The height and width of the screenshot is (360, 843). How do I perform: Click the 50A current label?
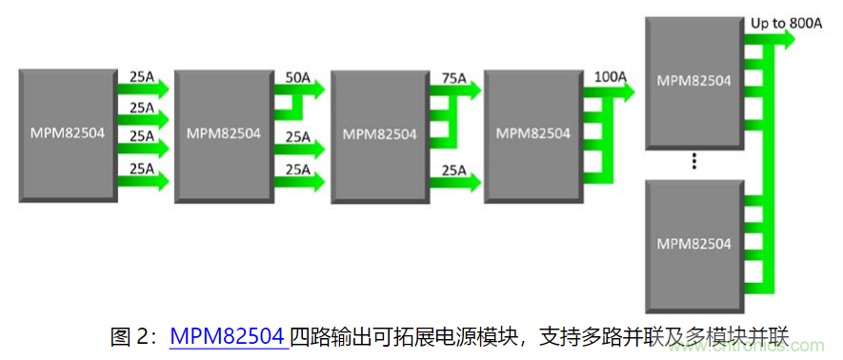297,76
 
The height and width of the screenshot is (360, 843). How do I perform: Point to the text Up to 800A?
787,19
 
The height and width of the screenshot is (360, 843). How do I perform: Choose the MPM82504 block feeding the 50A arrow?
222,133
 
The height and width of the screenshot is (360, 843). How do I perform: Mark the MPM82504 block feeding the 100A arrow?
531,133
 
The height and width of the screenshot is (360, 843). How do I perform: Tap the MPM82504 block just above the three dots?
693,82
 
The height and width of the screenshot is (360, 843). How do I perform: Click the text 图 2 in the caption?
131,335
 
